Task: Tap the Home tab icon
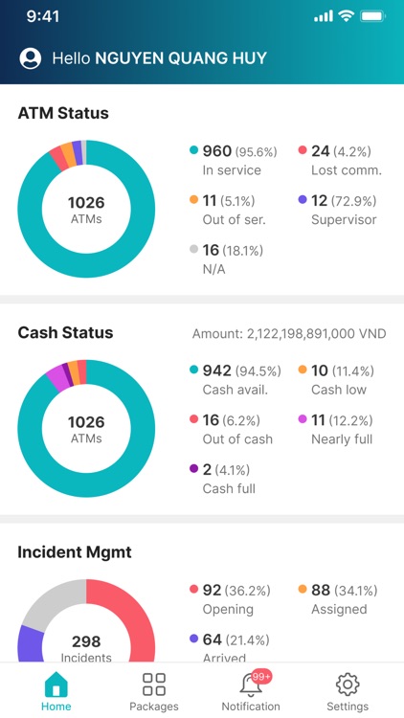tap(56, 684)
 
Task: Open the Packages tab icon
tap(154, 684)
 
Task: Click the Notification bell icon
tap(251, 684)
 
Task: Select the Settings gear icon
tap(348, 684)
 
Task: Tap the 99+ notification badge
tap(261, 676)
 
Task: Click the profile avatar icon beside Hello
tap(31, 58)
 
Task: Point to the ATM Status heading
tap(63, 113)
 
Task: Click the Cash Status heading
tap(65, 333)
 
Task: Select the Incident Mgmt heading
tap(75, 552)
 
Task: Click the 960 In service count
tap(217, 151)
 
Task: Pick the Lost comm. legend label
tap(346, 170)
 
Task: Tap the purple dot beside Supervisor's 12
tap(303, 201)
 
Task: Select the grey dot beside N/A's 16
tap(193, 251)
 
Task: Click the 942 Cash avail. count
tap(217, 371)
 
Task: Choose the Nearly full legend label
tap(342, 439)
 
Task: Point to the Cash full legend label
tap(230, 489)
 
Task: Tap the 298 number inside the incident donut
tap(86, 641)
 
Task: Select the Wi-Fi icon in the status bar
tap(346, 16)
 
